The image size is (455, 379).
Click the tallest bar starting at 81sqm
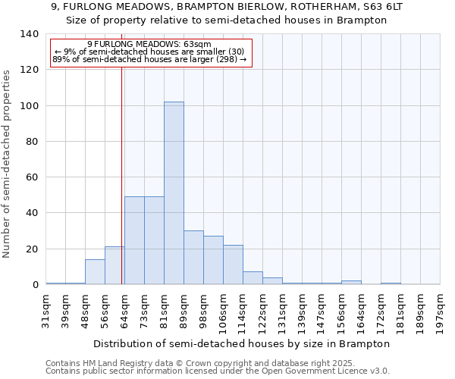(x=174, y=193)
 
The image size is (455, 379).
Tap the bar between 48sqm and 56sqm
(x=95, y=272)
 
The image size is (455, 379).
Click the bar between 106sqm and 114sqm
(x=233, y=265)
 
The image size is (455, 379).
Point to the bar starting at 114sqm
(x=253, y=278)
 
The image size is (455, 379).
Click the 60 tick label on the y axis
(x=32, y=177)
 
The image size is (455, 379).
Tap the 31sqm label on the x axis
(x=45, y=307)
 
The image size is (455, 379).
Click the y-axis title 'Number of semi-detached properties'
(x=8, y=164)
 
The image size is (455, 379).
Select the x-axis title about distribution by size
(x=243, y=343)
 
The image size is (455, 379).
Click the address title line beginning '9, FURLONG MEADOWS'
(x=227, y=6)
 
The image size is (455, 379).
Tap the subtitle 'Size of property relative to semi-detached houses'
(x=227, y=20)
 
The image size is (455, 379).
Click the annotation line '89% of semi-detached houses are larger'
(x=149, y=59)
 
